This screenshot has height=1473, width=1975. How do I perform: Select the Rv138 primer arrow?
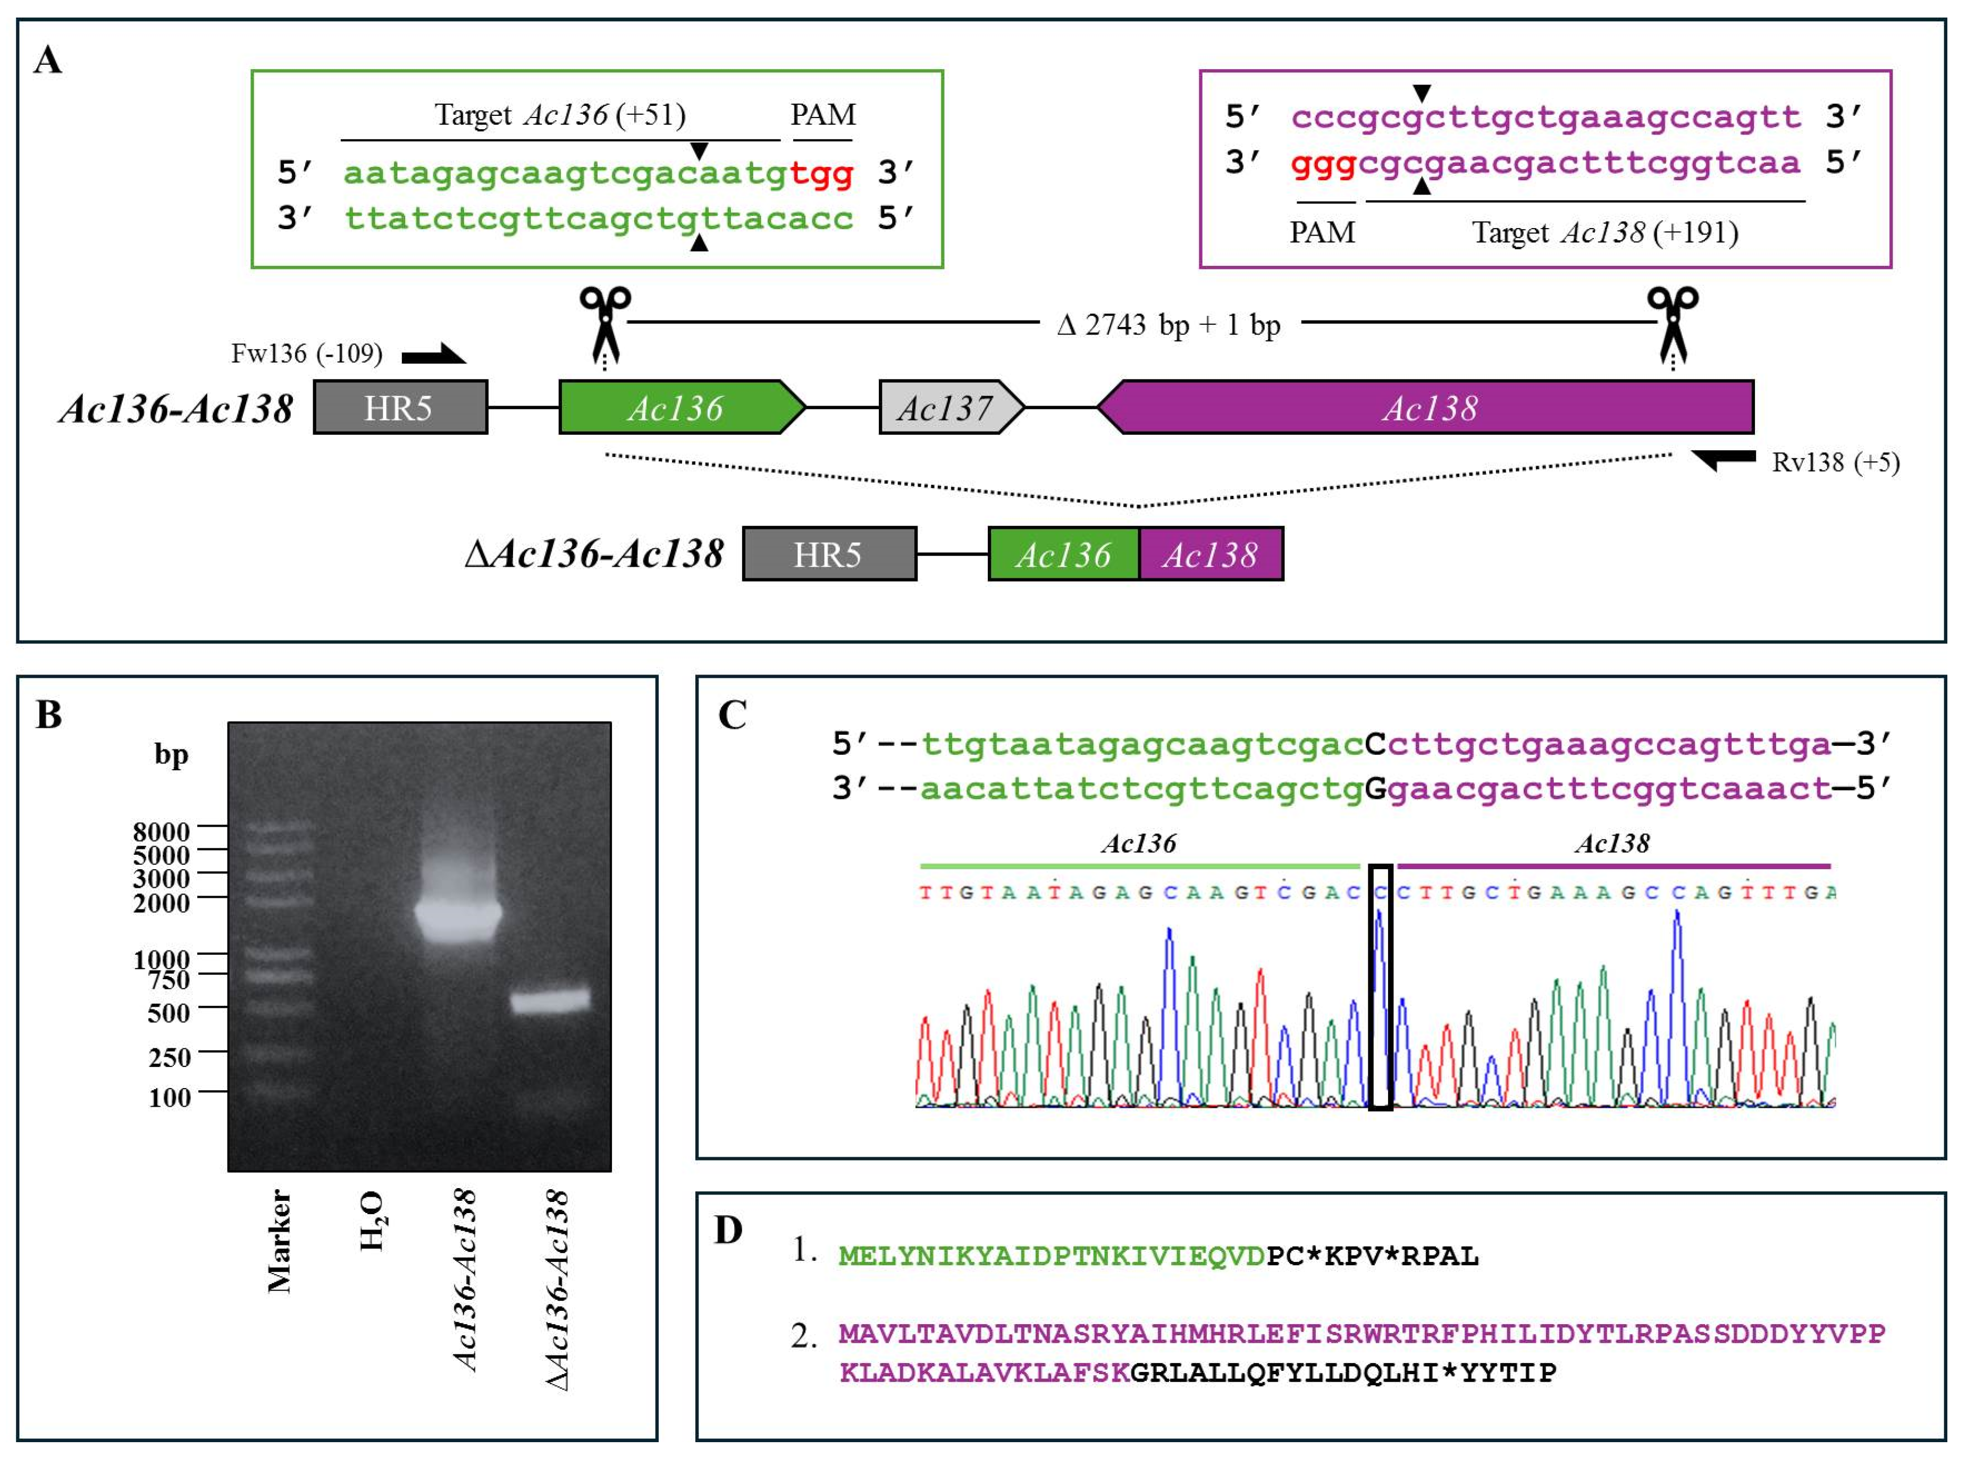tap(1722, 460)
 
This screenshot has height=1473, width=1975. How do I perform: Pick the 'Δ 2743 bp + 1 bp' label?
tap(1168, 325)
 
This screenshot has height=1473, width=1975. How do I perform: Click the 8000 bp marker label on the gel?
tap(162, 831)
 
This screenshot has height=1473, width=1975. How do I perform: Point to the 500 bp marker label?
tap(169, 1012)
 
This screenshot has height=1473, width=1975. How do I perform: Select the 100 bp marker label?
tap(170, 1097)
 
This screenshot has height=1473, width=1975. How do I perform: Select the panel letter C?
tap(732, 714)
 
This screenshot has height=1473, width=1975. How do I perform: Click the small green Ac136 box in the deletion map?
tap(1063, 554)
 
